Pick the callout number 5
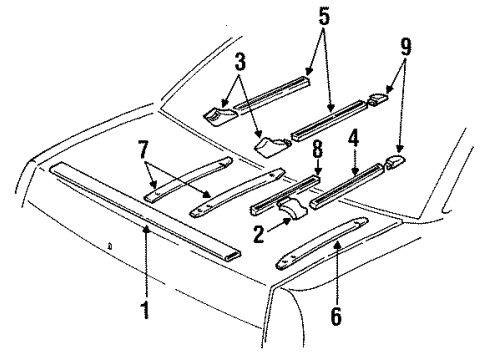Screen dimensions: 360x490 [x=321, y=17]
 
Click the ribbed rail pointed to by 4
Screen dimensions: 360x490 [x=345, y=186]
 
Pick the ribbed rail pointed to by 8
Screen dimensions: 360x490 [x=286, y=194]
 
